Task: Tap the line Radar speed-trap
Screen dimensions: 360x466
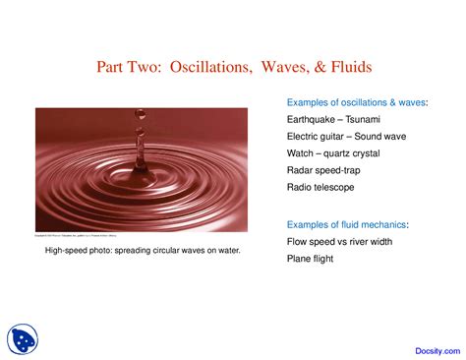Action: [x=325, y=169]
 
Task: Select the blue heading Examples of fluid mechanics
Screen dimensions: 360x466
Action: [x=347, y=225]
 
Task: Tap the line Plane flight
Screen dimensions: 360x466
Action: [x=310, y=259]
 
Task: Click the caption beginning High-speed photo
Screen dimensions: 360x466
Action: [x=143, y=252]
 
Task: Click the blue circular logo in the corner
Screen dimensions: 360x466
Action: [x=22, y=338]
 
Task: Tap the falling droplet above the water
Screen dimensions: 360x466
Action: [x=141, y=130]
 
